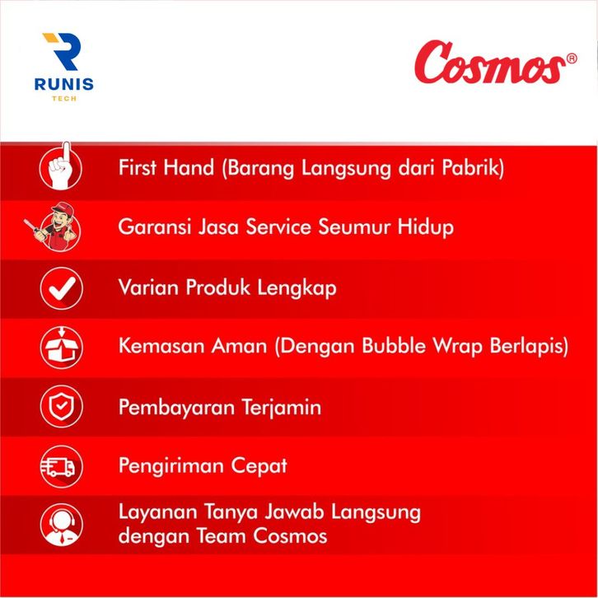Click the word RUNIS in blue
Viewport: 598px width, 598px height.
63,84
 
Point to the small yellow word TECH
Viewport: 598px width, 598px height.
64,98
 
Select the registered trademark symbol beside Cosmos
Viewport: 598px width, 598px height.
572,58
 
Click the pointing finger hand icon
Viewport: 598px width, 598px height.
61,166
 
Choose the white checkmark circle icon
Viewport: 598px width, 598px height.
62,288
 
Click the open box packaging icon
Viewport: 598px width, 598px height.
62,348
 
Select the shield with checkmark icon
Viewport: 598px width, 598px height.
62,406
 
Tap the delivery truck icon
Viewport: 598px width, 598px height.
62,466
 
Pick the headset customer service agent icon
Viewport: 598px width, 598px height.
62,525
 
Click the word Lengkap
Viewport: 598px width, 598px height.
297,288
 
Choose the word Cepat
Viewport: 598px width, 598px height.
259,466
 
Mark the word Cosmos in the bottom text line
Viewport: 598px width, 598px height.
290,536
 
